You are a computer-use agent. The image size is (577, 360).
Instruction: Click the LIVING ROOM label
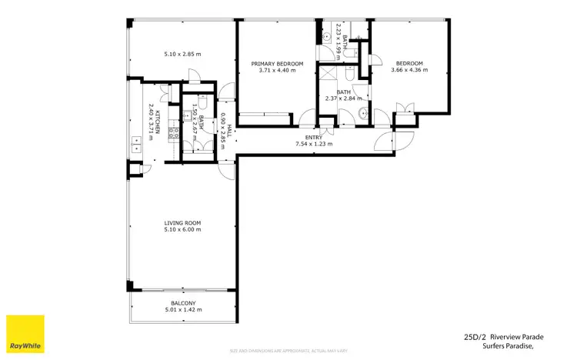[x=182, y=222]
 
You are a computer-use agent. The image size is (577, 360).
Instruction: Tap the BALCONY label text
[x=182, y=303]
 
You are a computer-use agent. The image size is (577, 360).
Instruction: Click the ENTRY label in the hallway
[x=313, y=137]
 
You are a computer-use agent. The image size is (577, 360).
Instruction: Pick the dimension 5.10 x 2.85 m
[x=182, y=54]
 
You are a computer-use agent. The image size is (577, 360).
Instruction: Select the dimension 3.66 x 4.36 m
[x=409, y=70]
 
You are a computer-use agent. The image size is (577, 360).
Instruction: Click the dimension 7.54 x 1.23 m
[x=313, y=144]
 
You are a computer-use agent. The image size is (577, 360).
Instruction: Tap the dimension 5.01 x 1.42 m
[x=182, y=310]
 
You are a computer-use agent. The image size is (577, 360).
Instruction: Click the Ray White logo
[x=25, y=335]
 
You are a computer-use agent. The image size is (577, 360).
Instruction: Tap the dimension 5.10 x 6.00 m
[x=182, y=229]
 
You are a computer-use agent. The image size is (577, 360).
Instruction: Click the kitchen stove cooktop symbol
[x=174, y=132]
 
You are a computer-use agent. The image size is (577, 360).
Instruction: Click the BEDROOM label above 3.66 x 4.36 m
[x=409, y=63]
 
